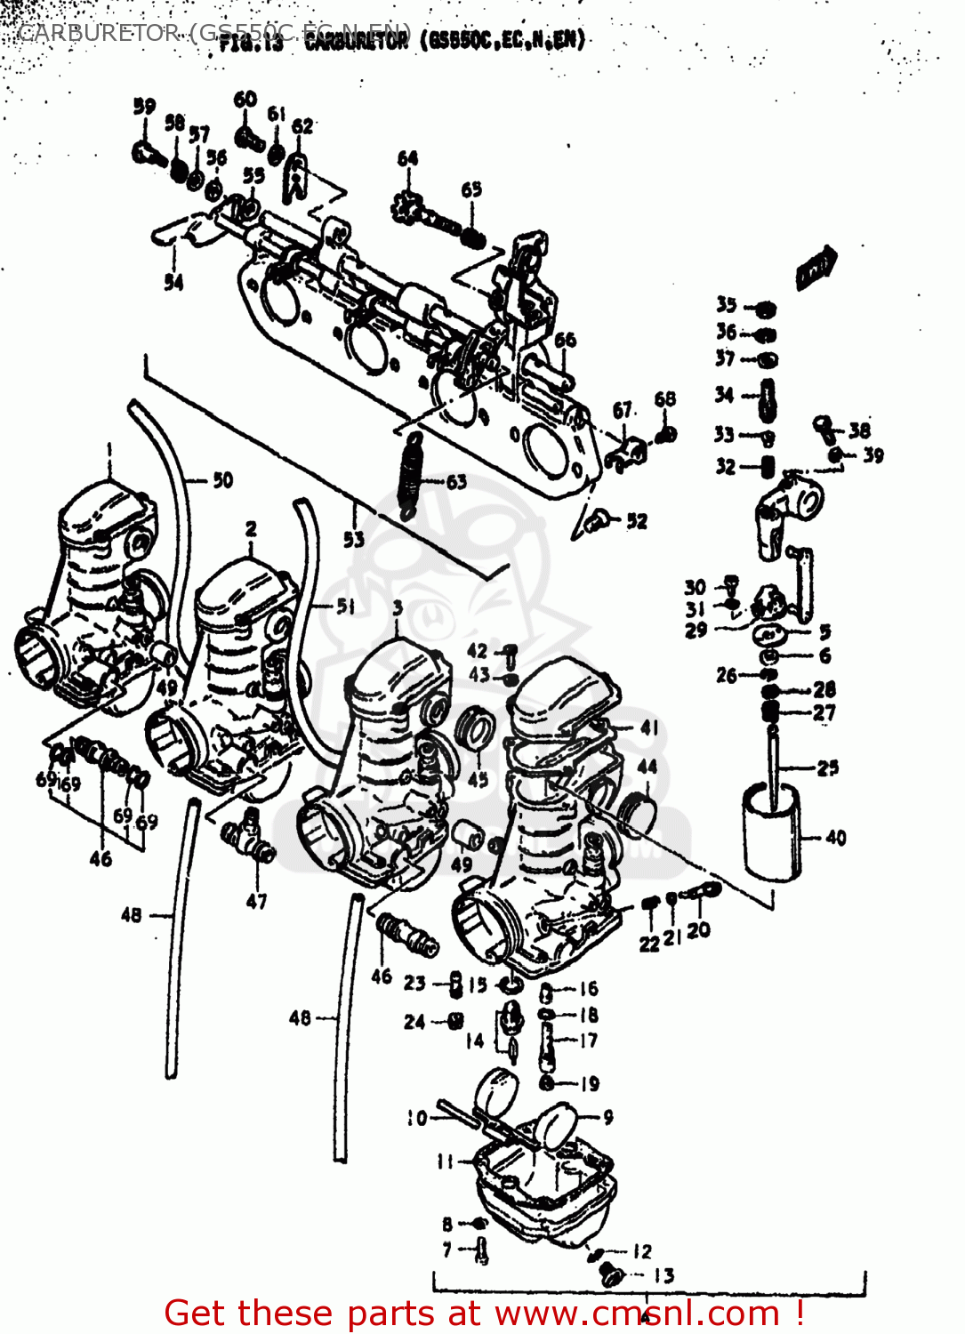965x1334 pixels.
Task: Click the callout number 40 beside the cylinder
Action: [835, 838]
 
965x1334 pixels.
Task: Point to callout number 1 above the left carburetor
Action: [109, 450]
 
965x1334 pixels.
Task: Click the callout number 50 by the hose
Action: [222, 480]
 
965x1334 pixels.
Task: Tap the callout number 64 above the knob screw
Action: [407, 158]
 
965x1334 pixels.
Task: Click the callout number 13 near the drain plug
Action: [663, 1275]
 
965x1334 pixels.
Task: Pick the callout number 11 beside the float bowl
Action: [446, 1161]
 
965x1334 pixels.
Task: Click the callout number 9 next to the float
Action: [607, 1117]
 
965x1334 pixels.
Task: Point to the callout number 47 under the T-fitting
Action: [256, 901]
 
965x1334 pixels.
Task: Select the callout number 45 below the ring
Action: [478, 779]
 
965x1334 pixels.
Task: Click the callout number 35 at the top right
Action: [727, 305]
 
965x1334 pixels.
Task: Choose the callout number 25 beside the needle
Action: [827, 767]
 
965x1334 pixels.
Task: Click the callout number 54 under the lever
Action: [173, 282]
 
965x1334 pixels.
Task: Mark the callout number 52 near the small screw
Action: [637, 521]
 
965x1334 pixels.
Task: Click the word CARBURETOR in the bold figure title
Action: [356, 41]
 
